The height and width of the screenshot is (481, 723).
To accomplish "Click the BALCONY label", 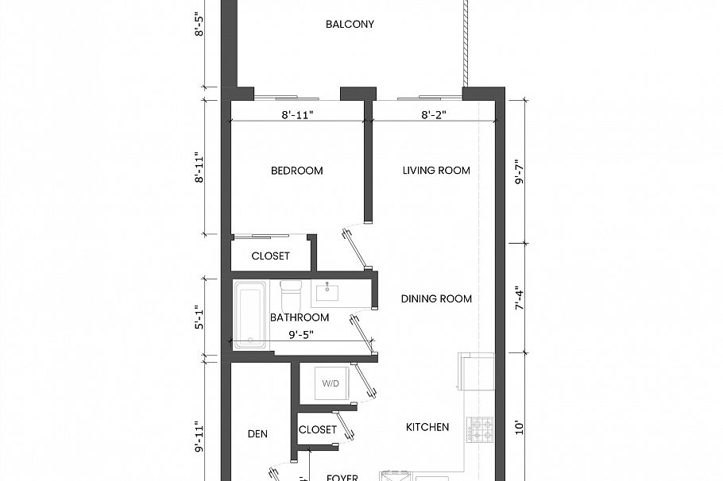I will coord(350,25).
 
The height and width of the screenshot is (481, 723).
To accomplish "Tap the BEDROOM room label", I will coord(296,171).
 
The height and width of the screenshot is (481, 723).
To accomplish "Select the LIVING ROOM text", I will coord(436,171).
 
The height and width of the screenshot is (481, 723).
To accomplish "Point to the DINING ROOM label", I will coord(436,299).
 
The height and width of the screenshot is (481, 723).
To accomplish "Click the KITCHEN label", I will coord(427,427).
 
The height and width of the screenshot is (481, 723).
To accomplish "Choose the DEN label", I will coord(257,434).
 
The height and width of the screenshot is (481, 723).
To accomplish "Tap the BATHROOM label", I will coord(299,317).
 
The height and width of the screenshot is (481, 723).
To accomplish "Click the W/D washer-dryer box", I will coord(331,383).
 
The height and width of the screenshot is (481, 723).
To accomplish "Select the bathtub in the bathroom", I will coord(249,315).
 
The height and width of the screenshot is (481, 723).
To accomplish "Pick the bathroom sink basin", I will coord(328,293).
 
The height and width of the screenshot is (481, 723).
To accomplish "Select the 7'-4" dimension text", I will coord(519,299).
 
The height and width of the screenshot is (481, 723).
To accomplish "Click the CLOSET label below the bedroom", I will coord(270,256).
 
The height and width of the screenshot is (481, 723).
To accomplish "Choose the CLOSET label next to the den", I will coord(318,430).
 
